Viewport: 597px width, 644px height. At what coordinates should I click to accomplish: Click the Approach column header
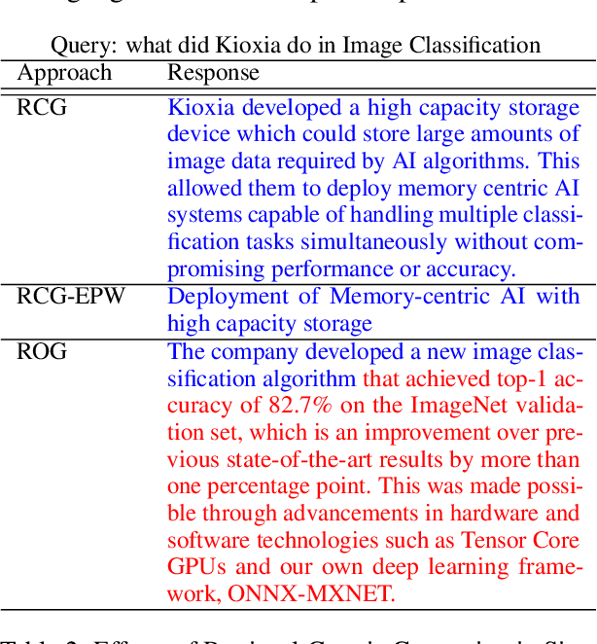[x=64, y=73]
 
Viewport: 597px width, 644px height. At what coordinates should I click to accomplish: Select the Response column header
[x=213, y=73]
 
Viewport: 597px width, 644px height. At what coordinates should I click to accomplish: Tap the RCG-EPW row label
[x=71, y=296]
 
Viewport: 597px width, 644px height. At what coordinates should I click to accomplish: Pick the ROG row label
[x=42, y=351]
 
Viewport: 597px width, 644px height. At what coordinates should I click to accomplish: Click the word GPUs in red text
[x=193, y=568]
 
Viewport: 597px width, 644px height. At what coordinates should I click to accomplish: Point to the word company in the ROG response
[x=248, y=351]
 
